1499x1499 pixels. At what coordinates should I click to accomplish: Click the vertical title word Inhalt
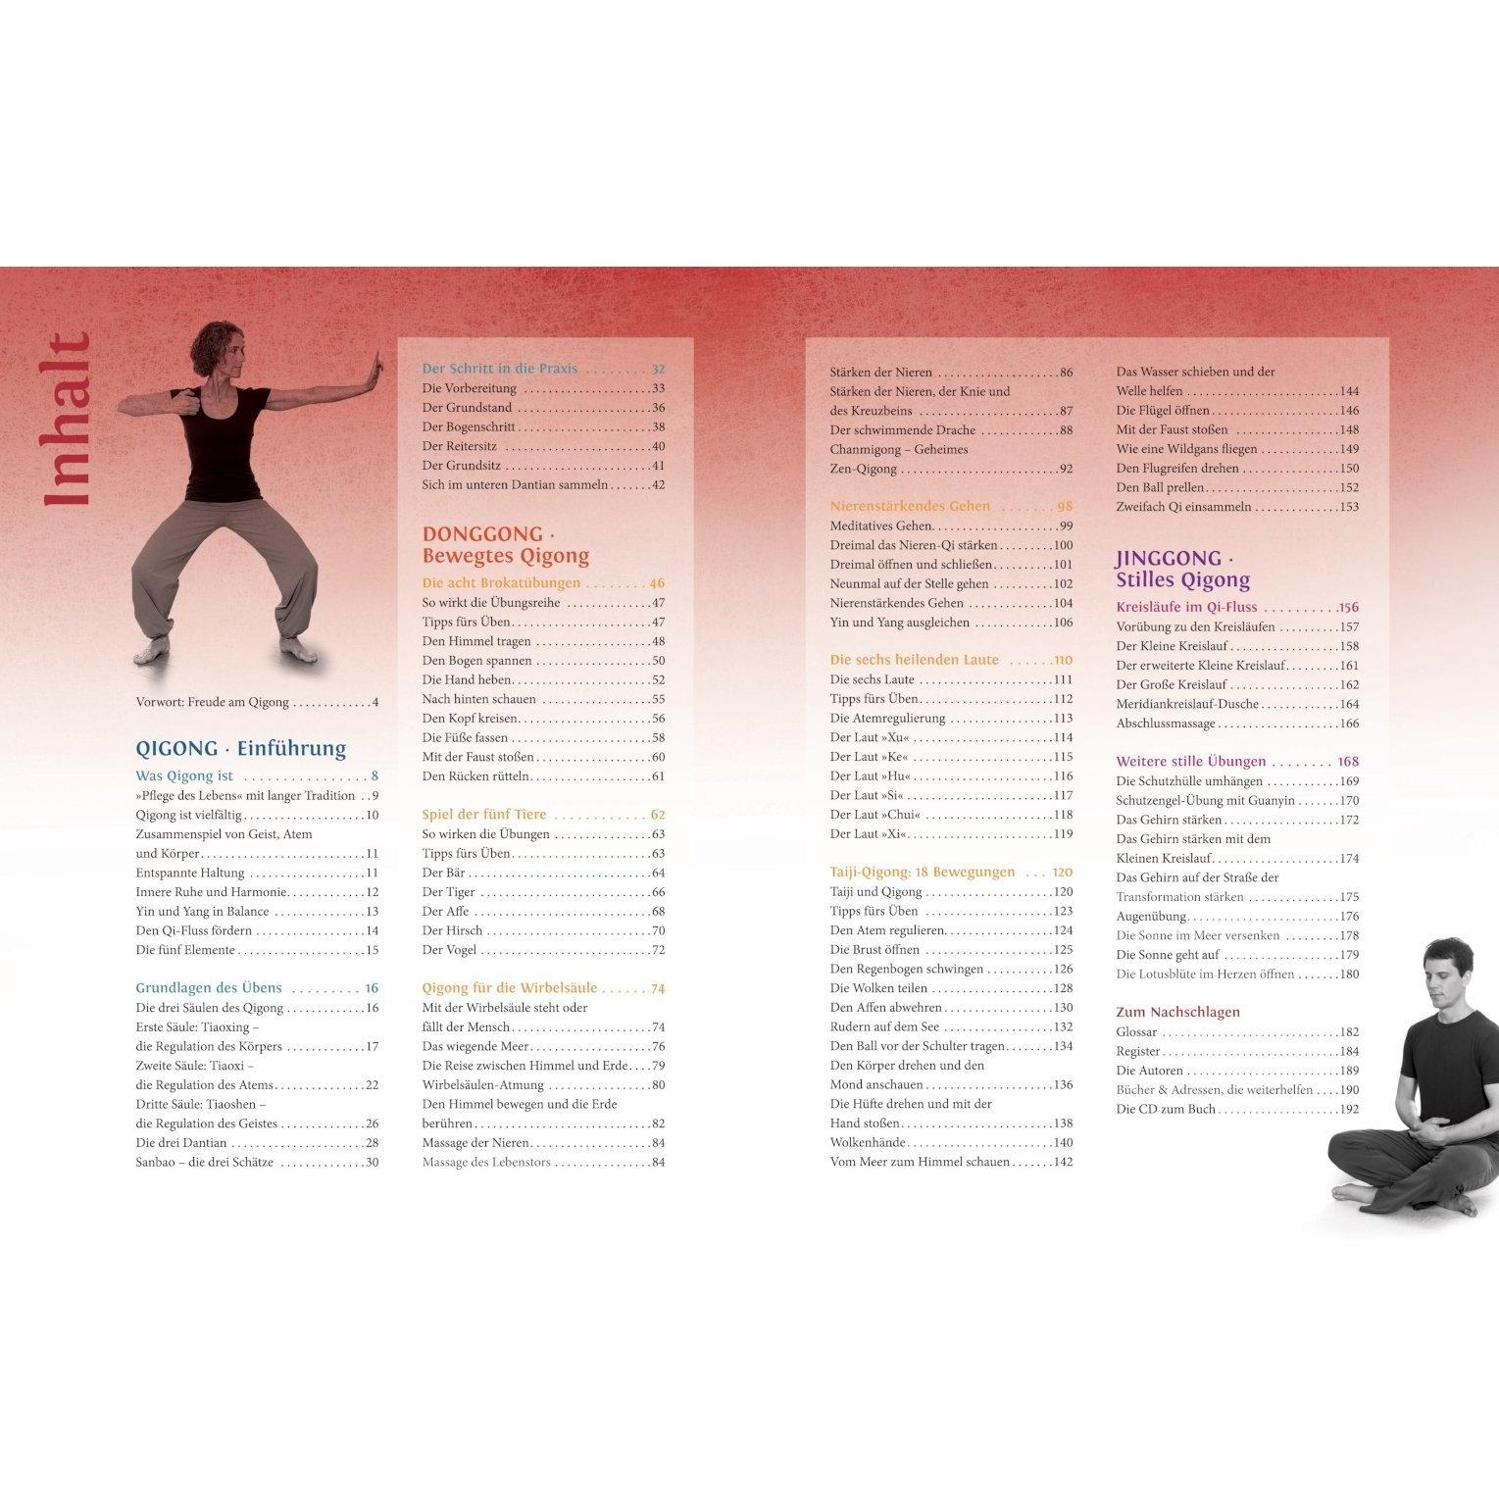point(68,420)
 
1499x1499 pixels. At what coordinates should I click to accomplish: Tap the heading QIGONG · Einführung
point(241,749)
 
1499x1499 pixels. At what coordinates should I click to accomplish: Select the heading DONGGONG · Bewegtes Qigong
point(506,545)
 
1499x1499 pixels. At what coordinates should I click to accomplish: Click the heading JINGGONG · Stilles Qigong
point(1183,569)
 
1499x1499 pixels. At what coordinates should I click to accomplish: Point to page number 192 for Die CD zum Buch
point(1349,1109)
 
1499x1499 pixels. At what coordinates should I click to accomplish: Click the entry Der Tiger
point(449,892)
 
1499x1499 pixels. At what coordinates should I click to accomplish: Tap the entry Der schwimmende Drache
point(903,429)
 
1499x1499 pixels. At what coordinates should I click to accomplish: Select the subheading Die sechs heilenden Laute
point(915,660)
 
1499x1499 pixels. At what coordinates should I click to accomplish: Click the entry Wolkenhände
point(868,1142)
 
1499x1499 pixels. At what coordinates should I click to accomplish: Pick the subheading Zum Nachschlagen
point(1178,1012)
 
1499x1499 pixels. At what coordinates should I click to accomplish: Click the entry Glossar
point(1136,1031)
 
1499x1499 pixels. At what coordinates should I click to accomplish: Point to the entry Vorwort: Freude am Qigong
point(213,702)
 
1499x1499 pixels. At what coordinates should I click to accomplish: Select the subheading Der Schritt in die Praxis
point(500,369)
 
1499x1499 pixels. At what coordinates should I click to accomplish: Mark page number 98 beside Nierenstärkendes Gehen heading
point(1065,506)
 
